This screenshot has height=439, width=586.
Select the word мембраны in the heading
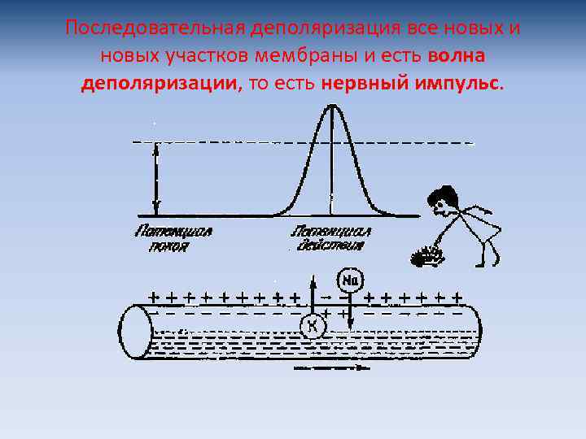293,56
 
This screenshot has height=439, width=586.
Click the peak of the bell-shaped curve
330,106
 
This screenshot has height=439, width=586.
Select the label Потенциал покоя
173,238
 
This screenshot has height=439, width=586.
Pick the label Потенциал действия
331,238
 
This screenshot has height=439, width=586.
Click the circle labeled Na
352,280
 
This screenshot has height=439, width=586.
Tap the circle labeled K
312,326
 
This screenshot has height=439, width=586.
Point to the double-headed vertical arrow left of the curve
156,178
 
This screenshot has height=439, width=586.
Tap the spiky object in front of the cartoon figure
426,257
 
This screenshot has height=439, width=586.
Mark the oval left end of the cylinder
137,333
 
